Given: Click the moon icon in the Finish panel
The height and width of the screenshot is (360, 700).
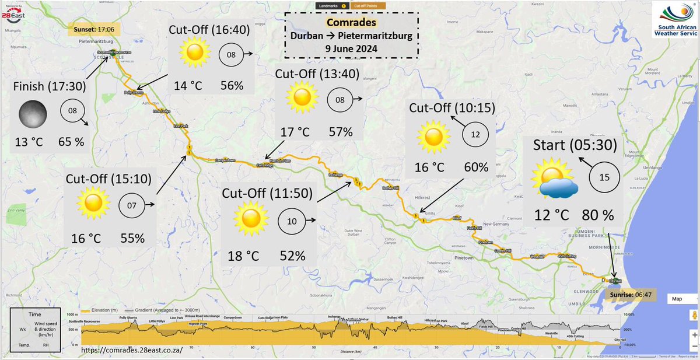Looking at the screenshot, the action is pos(32,113).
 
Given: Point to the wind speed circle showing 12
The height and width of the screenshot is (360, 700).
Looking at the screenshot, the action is pos(475,134).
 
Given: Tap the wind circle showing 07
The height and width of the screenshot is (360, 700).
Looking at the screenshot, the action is pos(131,205).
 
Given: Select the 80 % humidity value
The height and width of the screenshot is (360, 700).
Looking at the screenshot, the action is pos(597,215).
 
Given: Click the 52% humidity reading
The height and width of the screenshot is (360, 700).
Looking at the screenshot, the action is pos(292,255).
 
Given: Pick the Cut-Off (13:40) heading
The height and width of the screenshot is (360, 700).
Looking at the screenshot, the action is pos(318,74).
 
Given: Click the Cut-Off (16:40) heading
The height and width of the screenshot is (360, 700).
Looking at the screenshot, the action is pos(211,30).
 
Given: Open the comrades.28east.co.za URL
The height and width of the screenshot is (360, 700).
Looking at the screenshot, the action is pos(132,349).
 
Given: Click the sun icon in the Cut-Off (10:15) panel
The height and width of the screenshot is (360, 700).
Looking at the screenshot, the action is pos(433,137).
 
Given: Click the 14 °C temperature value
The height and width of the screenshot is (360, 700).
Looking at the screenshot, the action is pos(188,85).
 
